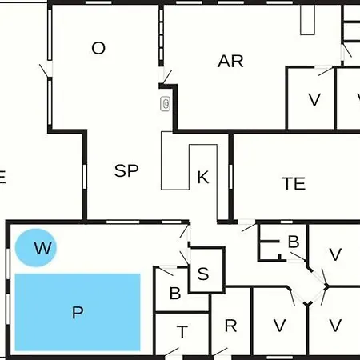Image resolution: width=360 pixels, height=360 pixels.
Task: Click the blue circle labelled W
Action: tap(35, 247)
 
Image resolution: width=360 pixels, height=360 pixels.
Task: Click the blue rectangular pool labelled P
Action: tap(78, 312)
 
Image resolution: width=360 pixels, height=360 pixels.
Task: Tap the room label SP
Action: tap(126, 170)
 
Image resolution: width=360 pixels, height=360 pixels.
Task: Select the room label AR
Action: tap(230, 62)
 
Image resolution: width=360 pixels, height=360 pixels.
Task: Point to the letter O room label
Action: tap(98, 48)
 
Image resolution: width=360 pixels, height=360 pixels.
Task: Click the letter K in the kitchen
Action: tap(203, 177)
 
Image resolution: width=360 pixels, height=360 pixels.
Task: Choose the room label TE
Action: tap(294, 183)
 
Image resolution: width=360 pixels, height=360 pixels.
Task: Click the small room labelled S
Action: tap(206, 270)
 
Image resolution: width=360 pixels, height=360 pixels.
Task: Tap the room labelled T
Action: tap(182, 334)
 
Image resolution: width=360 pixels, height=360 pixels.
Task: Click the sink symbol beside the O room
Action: tap(166, 104)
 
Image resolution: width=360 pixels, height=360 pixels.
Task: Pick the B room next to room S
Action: tap(176, 290)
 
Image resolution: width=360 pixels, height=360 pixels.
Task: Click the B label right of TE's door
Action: tap(294, 242)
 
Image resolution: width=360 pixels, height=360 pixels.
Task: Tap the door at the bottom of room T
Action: tap(172, 352)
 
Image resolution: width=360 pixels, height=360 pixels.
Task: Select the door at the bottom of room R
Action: tap(221, 352)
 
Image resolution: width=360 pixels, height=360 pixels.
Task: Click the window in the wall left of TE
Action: tap(230, 177)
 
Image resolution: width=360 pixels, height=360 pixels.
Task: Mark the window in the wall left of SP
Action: tap(85, 177)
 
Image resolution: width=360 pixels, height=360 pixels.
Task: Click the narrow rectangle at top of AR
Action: tap(307, 19)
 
